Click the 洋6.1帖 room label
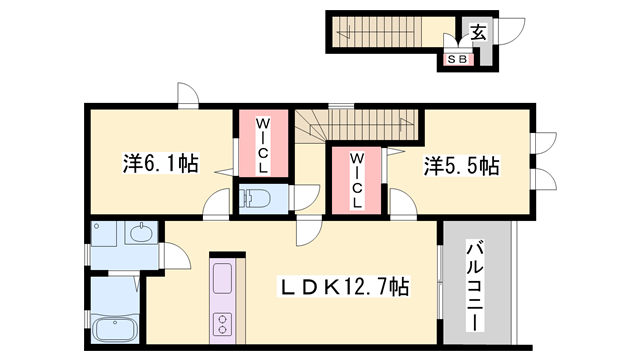pyautogui.click(x=161, y=163)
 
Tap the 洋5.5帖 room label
pyautogui.click(x=461, y=166)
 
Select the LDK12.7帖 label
pyautogui.click(x=343, y=287)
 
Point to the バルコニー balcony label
pyautogui.click(x=475, y=286)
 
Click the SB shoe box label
pyautogui.click(x=457, y=59)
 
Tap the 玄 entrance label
pyautogui.click(x=478, y=32)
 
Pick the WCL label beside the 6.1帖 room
pyautogui.click(x=263, y=145)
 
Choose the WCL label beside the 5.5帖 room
pyautogui.click(x=357, y=180)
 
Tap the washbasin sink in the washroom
pyautogui.click(x=141, y=233)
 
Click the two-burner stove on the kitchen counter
pyautogui.click(x=222, y=323)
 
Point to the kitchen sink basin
pyautogui.click(x=222, y=278)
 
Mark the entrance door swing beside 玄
pyautogui.click(x=509, y=31)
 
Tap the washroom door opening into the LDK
pyautogui.click(x=175, y=257)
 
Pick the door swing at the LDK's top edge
pyautogui.click(x=309, y=231)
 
